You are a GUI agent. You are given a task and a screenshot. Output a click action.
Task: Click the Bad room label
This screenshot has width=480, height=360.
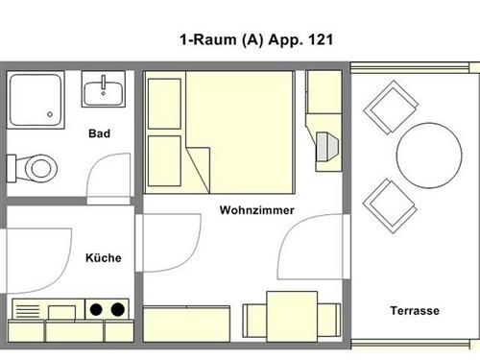tap(99, 133)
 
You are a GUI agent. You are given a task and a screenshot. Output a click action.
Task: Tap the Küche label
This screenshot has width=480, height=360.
tap(104, 257)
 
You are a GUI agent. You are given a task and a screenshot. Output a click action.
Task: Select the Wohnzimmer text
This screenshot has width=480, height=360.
tap(257, 210)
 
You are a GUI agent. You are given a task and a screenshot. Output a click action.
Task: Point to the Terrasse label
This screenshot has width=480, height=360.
tap(415, 310)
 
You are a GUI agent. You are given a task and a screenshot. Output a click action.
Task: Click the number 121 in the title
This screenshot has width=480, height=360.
tap(321, 39)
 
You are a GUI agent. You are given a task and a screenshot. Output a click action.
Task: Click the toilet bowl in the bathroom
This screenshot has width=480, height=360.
tap(41, 168)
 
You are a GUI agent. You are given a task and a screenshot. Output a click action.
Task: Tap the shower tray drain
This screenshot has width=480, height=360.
tap(50, 114)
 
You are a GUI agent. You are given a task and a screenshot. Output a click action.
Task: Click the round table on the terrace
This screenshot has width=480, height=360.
tap(429, 156)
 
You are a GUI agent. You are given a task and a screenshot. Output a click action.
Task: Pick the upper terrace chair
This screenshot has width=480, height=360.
tap(391, 108)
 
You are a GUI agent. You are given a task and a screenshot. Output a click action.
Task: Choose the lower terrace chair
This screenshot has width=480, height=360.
tap(390, 206)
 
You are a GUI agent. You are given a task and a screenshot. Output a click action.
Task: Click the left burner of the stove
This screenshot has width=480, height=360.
tap(96, 309)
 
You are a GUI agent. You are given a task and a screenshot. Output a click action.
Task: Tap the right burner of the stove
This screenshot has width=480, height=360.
tap(118, 309)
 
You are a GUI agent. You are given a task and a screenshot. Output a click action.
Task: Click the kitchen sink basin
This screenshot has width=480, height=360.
tap(61, 312)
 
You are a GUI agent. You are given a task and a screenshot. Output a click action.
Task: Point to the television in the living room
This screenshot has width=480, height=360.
tap(326, 147)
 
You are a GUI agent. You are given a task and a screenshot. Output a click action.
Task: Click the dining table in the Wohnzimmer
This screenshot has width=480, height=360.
tap(292, 317)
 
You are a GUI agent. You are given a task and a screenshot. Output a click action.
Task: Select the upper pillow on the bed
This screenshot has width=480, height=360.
tap(164, 104)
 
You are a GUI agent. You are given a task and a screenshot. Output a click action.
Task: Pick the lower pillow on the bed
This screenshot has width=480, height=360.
tap(164, 161)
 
